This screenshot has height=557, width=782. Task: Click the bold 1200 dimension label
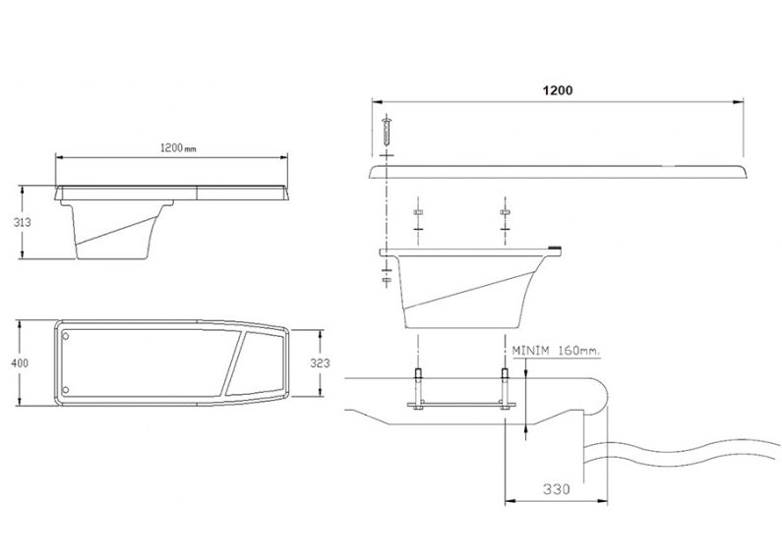558,90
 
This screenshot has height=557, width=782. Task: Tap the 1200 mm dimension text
178,148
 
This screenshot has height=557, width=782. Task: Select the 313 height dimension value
22,222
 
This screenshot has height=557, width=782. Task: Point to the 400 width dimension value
20,363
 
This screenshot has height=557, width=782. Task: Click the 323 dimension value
320,363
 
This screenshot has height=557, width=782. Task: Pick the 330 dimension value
556,489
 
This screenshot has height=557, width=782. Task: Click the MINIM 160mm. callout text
557,351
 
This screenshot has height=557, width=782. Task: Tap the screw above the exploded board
386,131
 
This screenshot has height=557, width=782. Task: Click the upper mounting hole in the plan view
65,336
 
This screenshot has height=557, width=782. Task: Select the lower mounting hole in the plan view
65,390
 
